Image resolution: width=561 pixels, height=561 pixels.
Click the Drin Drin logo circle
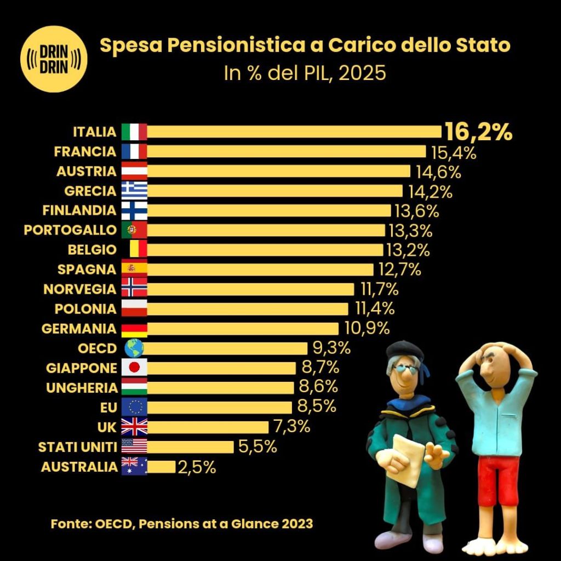point(54,59)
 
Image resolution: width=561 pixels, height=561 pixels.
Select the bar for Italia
point(294,131)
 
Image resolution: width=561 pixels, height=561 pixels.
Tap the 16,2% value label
point(478,132)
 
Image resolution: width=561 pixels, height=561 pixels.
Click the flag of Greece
point(134,191)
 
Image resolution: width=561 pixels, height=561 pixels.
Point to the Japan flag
point(134,368)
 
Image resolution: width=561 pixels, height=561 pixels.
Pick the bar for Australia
point(162,467)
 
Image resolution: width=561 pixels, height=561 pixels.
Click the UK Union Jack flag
point(134,427)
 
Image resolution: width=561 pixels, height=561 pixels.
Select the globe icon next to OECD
point(134,348)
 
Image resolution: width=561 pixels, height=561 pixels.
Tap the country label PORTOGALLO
point(70,230)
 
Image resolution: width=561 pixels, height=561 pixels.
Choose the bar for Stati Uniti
point(190,447)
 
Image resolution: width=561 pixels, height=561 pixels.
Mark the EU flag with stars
point(134,407)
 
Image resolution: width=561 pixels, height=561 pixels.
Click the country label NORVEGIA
point(80,289)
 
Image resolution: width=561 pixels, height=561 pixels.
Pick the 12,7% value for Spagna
point(399,270)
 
